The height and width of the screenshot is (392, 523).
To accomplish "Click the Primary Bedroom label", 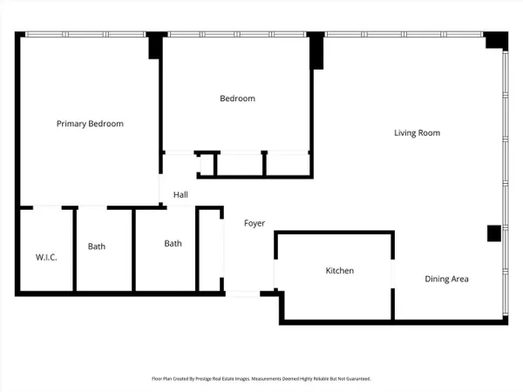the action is pyautogui.click(x=90, y=124).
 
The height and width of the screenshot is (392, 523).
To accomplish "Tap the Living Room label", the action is pyautogui.click(x=417, y=133).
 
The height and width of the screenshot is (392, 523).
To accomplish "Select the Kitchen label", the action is pyautogui.click(x=340, y=270).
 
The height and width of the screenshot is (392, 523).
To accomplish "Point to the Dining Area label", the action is pyautogui.click(x=446, y=279).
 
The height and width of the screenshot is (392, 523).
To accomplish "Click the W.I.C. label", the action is pyautogui.click(x=46, y=257).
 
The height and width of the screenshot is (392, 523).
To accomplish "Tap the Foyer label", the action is pyautogui.click(x=255, y=223).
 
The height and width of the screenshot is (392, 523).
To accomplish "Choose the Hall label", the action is pyautogui.click(x=180, y=194).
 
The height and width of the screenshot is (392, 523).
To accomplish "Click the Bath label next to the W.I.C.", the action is pyautogui.click(x=97, y=247).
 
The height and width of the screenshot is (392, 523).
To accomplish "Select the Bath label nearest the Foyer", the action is pyautogui.click(x=173, y=243).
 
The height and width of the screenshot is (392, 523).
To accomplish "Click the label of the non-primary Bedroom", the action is pyautogui.click(x=237, y=98).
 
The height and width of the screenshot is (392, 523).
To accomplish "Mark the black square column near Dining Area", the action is pyautogui.click(x=494, y=233).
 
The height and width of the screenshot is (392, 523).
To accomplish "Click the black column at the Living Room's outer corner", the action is pyautogui.click(x=496, y=40).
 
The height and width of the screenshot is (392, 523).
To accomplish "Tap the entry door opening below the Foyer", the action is pyautogui.click(x=243, y=294).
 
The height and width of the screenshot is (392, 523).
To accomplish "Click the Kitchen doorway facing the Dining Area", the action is pyautogui.click(x=393, y=274).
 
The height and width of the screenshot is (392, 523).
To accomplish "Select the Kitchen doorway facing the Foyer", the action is pyautogui.click(x=275, y=274).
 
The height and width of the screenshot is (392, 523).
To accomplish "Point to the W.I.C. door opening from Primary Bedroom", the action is pyautogui.click(x=47, y=207).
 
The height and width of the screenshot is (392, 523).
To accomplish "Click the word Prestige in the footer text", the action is pyautogui.click(x=203, y=379).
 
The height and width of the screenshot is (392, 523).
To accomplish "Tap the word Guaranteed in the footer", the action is pyautogui.click(x=358, y=379).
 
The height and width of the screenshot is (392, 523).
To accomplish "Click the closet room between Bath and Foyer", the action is pyautogui.click(x=209, y=250).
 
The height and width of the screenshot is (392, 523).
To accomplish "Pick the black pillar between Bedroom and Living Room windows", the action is pyautogui.click(x=316, y=51).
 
